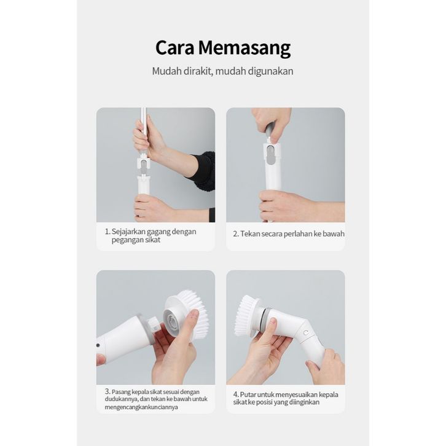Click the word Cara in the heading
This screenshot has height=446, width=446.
[174, 47]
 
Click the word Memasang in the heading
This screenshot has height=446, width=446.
[245, 49]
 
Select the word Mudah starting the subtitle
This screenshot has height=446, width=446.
[166, 71]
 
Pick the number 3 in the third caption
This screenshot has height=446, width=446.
[107, 391]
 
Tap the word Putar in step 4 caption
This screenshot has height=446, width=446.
[248, 394]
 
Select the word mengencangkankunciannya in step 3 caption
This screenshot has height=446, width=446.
[141, 407]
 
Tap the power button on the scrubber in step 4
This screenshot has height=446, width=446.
[306, 333]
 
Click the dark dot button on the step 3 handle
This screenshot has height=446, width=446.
[98, 345]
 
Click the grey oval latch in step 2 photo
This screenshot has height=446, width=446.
[272, 155]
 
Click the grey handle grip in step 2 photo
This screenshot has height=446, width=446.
[270, 131]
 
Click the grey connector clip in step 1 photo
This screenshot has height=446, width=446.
[144, 168]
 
